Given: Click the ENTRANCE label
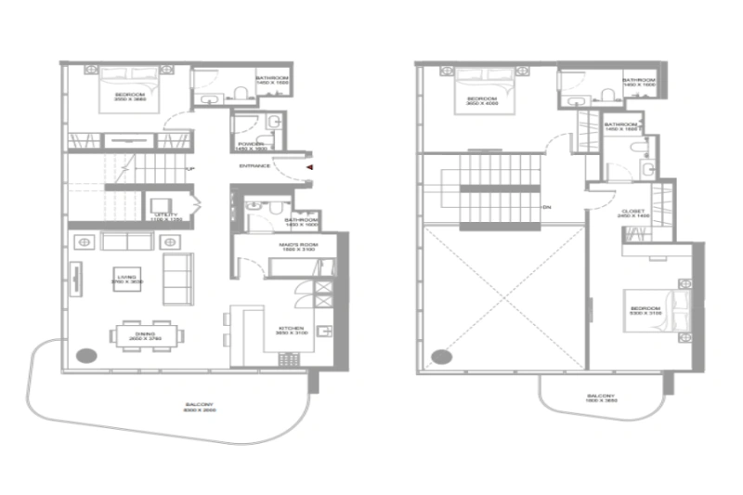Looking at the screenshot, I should coord(254,166).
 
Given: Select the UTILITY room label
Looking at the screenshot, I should coord(166,216).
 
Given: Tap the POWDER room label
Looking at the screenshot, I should coord(250,146).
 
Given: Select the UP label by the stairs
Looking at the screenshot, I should coord(189,169).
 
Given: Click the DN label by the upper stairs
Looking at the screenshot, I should coord(549,207).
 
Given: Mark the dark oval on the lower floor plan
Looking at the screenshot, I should coord(86,355).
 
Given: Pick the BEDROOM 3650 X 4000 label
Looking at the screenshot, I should coord(480,102).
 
